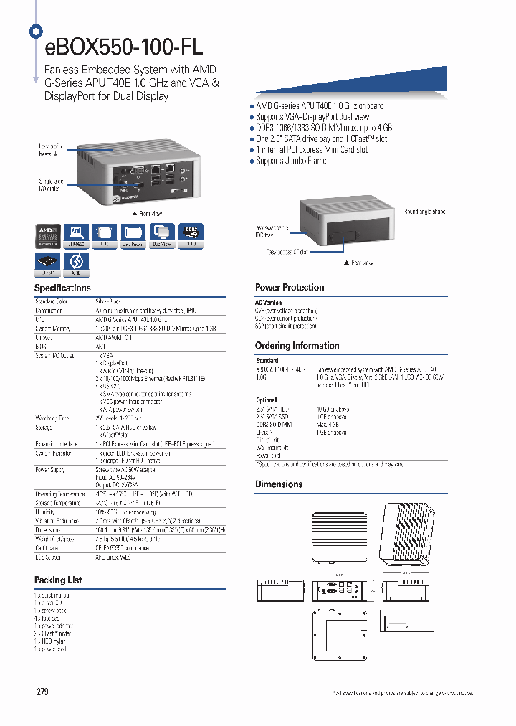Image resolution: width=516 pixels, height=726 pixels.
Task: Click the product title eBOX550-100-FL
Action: (x=123, y=47)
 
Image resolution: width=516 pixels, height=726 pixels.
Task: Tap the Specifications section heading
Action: (x=62, y=288)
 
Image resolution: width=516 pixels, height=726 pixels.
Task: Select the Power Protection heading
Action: (x=290, y=288)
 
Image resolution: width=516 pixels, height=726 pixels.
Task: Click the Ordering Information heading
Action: (x=297, y=346)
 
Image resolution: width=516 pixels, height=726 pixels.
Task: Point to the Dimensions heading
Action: (x=279, y=484)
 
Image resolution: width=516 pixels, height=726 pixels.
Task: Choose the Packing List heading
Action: (x=58, y=580)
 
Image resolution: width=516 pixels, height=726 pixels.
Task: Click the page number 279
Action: (x=43, y=692)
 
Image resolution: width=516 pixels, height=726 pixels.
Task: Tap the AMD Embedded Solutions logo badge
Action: (x=49, y=236)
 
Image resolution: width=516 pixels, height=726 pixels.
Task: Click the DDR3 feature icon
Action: (x=190, y=235)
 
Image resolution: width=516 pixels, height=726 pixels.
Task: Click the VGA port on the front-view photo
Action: (x=134, y=171)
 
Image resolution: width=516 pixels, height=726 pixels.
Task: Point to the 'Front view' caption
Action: (x=148, y=214)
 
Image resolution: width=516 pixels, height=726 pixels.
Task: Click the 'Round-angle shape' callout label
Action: (x=424, y=212)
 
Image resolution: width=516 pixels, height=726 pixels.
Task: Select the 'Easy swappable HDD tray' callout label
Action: (x=271, y=231)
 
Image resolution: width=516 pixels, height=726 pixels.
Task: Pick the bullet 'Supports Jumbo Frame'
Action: (x=290, y=161)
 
